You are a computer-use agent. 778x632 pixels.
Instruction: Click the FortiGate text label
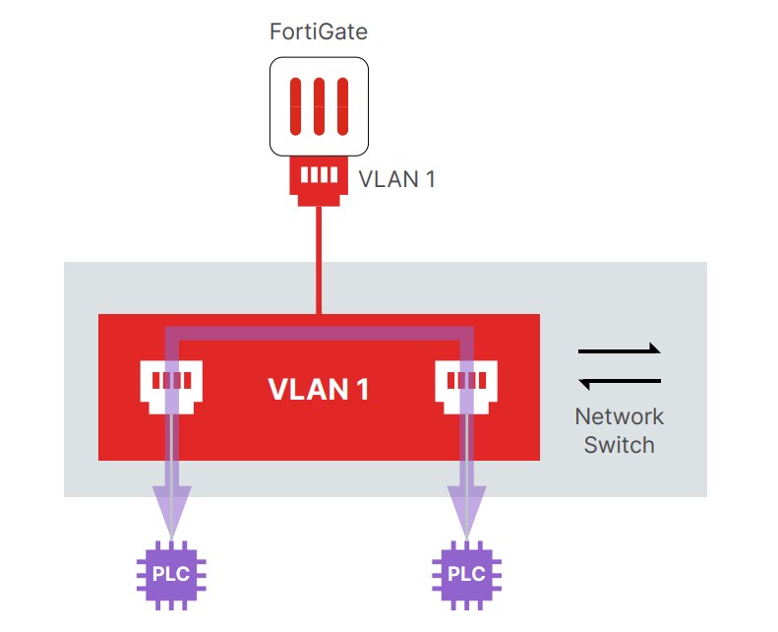coord(319,32)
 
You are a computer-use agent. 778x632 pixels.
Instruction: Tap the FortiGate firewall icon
coord(319,106)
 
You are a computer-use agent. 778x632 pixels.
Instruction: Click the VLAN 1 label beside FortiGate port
coord(396,179)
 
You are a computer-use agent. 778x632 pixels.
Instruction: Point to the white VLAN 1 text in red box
coord(319,389)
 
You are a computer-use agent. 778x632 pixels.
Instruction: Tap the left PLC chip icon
coord(172,572)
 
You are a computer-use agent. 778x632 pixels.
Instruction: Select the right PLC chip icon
coord(466,572)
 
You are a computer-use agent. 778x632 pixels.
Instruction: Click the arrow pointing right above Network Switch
coord(620,349)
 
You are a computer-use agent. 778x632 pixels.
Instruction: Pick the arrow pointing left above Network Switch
coord(620,382)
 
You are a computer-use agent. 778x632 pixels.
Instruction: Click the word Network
coord(619,416)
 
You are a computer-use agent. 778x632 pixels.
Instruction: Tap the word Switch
coord(619,445)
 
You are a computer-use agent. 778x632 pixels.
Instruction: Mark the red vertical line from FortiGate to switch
coord(319,256)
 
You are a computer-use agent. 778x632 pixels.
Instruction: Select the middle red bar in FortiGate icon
coord(319,106)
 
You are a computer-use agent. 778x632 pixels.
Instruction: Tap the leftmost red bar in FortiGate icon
coord(296,106)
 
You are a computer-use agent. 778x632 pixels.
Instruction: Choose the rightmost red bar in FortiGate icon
coord(341,106)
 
